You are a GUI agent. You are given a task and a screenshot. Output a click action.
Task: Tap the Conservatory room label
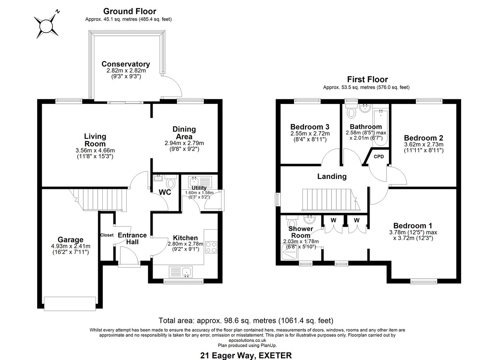click(x=125, y=64)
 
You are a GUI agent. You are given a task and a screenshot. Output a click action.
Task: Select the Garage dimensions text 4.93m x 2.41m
click(x=70, y=247)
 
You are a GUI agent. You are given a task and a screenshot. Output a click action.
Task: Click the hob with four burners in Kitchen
click(x=211, y=247)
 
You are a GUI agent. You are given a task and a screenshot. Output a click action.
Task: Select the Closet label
click(x=106, y=235)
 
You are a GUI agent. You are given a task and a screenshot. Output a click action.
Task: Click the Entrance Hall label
click(x=132, y=238)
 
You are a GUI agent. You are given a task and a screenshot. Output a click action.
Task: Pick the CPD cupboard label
click(x=378, y=157)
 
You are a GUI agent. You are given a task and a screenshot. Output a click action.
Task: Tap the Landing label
click(x=332, y=176)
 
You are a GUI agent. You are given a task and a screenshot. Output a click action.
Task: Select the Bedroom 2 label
click(x=423, y=138)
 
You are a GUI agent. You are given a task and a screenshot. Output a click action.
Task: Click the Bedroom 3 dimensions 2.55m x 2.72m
click(x=309, y=134)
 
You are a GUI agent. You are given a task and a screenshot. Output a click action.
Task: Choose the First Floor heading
click(x=367, y=79)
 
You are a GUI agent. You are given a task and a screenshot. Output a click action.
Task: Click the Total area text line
click(x=246, y=320)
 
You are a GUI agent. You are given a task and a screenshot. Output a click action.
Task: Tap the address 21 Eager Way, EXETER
click(x=246, y=355)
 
